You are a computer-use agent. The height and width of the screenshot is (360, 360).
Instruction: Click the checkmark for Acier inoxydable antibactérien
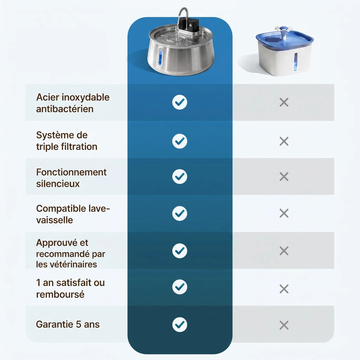coord(180,102)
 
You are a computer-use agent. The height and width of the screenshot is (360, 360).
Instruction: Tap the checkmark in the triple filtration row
coord(180,141)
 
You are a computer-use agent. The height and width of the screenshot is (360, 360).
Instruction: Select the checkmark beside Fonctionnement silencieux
coord(180,176)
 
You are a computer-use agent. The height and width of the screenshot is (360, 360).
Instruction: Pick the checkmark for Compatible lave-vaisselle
coord(180,213)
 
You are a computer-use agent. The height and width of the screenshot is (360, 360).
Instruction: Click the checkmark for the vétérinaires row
coord(180,251)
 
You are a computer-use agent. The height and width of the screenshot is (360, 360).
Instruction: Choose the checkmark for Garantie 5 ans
coord(180,324)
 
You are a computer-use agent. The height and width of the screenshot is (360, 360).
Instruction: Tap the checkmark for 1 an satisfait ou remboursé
coord(180,287)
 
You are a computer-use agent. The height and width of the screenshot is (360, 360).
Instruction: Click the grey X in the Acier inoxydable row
coord(284,102)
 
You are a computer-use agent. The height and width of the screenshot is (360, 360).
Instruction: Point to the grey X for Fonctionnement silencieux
coord(284,176)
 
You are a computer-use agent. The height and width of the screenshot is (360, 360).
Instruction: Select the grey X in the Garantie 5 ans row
coord(284,325)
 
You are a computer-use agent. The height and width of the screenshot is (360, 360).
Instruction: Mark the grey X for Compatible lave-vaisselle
coord(284,213)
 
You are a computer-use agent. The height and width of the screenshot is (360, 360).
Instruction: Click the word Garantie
coord(54,324)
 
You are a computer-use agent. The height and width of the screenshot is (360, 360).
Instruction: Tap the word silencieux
coord(58,184)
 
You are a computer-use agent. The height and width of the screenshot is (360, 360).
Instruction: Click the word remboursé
coord(60,294)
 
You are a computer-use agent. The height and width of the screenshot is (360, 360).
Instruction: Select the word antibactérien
coord(65,109)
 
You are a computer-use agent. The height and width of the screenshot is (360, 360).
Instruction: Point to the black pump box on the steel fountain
coord(189,25)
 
